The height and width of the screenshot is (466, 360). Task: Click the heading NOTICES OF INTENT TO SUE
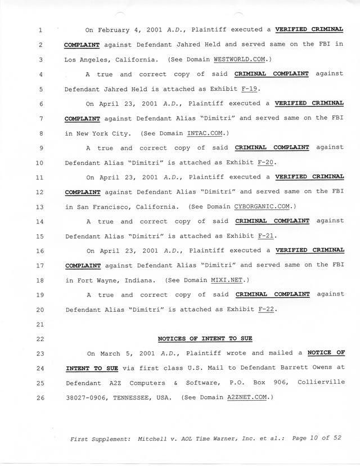[x=205, y=339]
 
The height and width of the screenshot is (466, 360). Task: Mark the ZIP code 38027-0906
[x=86, y=397]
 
